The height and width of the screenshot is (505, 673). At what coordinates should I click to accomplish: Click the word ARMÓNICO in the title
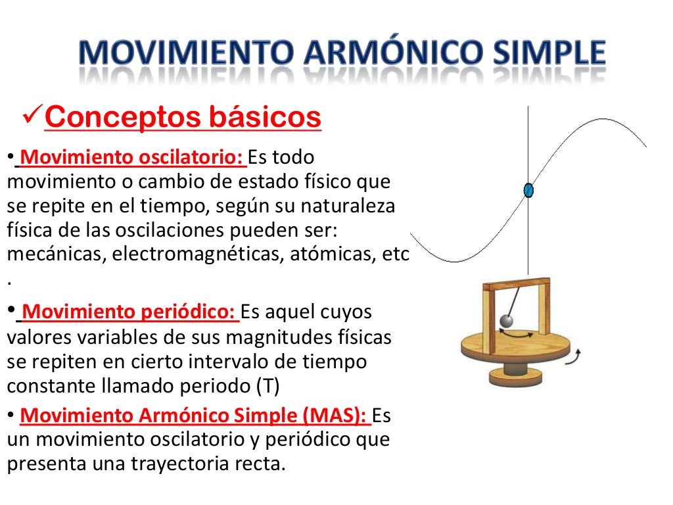click(x=369, y=53)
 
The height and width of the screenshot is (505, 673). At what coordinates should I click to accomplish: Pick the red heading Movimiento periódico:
click(x=128, y=311)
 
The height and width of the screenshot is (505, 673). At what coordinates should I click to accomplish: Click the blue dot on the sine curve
click(x=528, y=191)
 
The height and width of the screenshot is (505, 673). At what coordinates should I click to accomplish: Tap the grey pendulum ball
click(x=507, y=320)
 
